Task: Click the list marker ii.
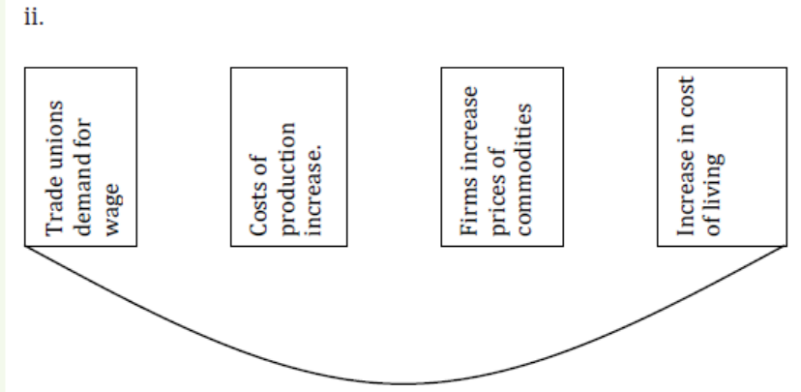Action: pyautogui.click(x=34, y=18)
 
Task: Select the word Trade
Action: pyautogui.click(x=55, y=207)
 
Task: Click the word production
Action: pyautogui.click(x=289, y=179)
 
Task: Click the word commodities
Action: pyautogui.click(x=524, y=169)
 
